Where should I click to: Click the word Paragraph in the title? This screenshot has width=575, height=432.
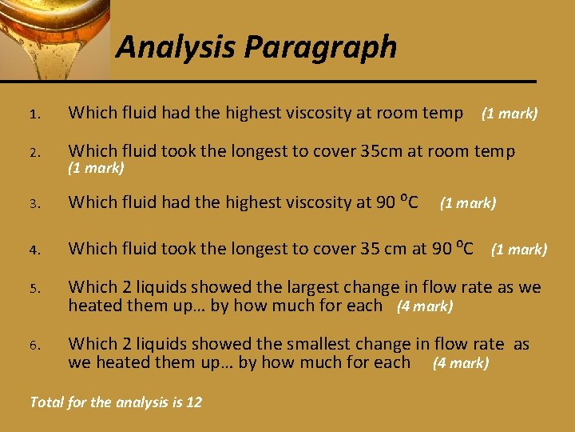click(321, 47)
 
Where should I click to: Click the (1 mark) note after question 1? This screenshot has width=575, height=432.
click(509, 114)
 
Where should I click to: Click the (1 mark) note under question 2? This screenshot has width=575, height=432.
click(96, 168)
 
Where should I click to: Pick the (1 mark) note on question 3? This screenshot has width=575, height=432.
click(468, 203)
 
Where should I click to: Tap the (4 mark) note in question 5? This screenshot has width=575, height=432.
click(425, 306)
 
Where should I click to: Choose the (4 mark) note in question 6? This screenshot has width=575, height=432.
click(460, 363)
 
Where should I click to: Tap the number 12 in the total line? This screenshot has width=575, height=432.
click(193, 402)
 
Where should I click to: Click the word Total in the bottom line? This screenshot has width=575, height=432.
click(45, 402)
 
